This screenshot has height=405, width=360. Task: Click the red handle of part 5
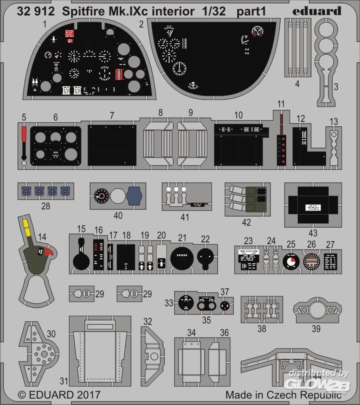click(x=24, y=132)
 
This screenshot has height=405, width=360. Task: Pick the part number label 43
click(x=313, y=233)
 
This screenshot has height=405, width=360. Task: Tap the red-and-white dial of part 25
click(x=289, y=261)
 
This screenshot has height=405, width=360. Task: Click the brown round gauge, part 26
click(x=311, y=261)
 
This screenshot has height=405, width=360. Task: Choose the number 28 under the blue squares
click(x=46, y=206)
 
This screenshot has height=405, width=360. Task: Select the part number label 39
click(x=315, y=329)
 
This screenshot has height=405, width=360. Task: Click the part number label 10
click(x=239, y=115)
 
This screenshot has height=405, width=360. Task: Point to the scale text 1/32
click(x=215, y=11)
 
